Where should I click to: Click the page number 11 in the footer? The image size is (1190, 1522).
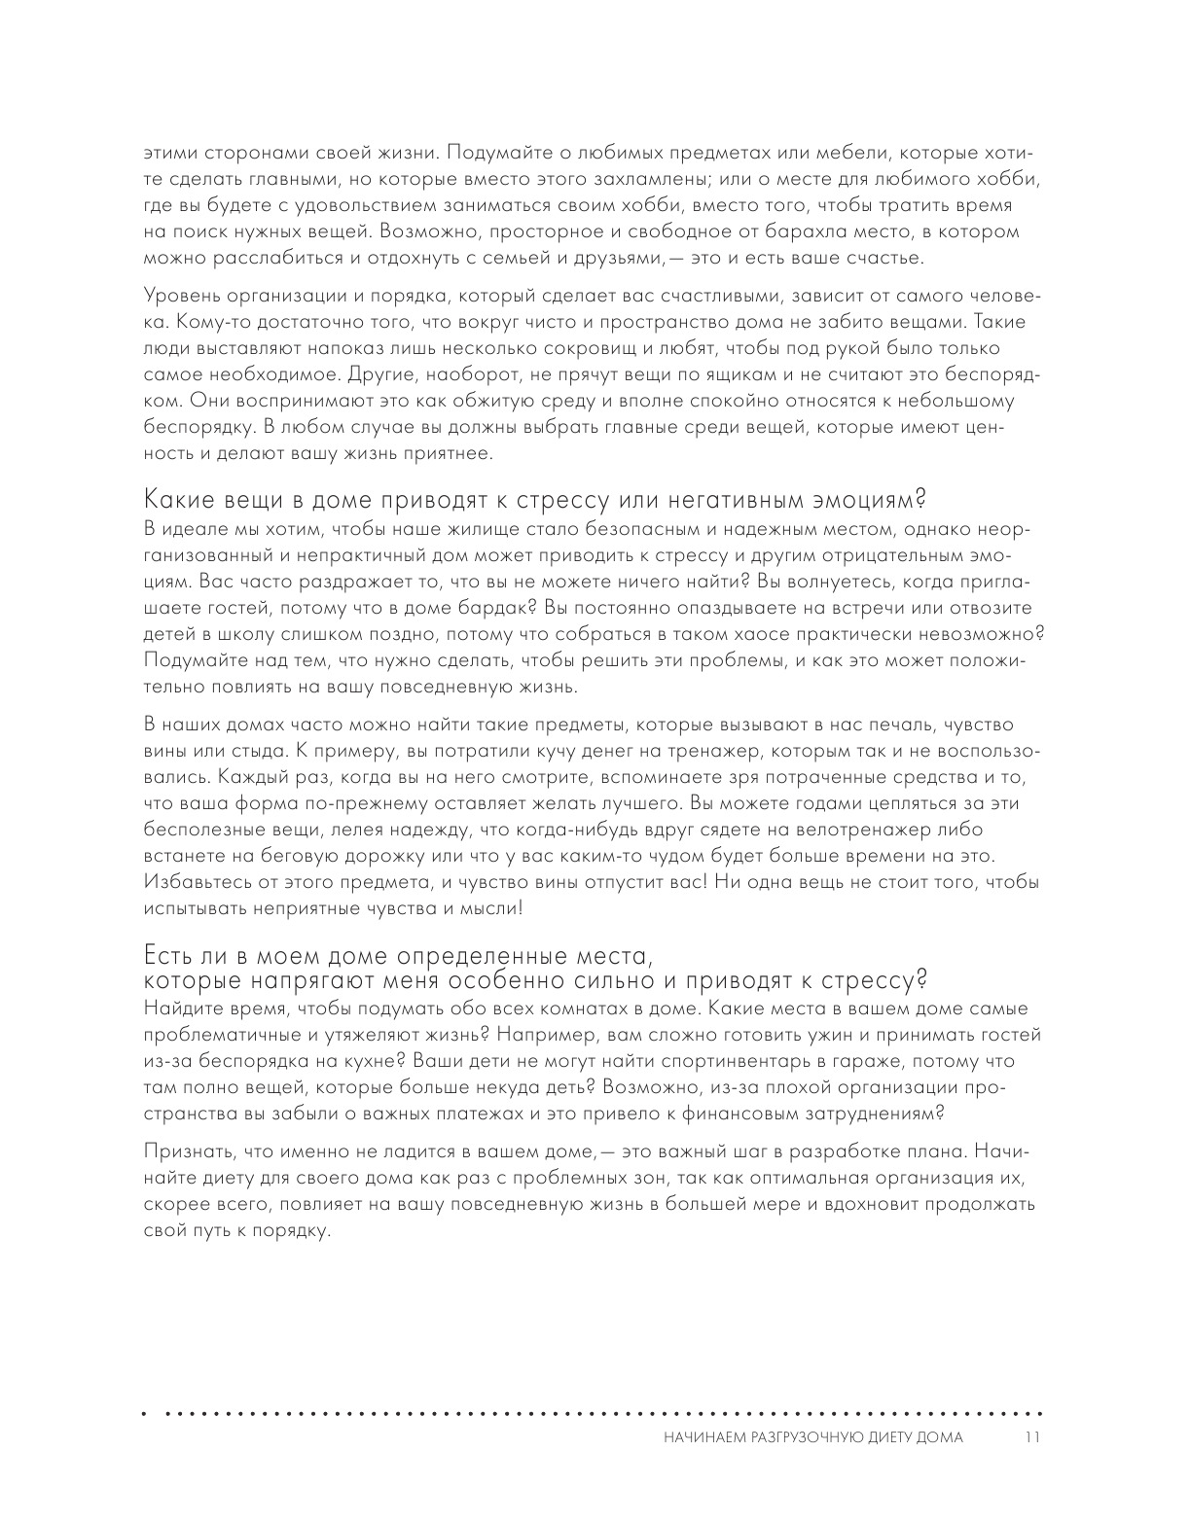tap(1033, 1438)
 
